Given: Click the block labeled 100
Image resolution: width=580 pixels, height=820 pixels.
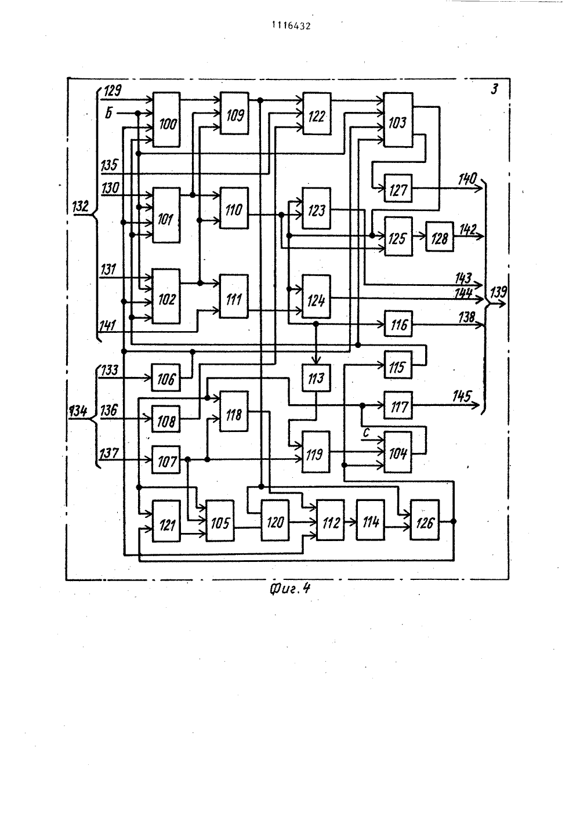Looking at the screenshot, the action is pyautogui.click(x=166, y=119).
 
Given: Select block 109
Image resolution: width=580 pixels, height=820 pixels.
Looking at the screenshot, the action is pyautogui.click(x=234, y=114).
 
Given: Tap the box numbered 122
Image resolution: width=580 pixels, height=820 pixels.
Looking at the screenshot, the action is pyautogui.click(x=317, y=114).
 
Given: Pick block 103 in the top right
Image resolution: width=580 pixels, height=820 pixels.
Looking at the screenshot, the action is pyautogui.click(x=398, y=119).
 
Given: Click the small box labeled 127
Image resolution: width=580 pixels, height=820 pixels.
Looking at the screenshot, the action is pyautogui.click(x=398, y=188).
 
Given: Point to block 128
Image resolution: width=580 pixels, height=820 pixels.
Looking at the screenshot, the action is pyautogui.click(x=440, y=237).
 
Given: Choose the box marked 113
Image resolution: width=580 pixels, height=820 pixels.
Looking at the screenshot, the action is pyautogui.click(x=316, y=378).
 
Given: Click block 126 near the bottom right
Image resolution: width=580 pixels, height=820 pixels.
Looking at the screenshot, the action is pyautogui.click(x=425, y=520).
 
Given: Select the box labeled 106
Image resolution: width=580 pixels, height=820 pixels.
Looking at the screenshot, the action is pyautogui.click(x=166, y=378).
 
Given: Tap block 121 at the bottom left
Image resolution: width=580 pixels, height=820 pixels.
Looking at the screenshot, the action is pyautogui.click(x=166, y=521).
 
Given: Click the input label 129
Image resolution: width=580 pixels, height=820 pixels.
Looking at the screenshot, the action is pyautogui.click(x=113, y=90).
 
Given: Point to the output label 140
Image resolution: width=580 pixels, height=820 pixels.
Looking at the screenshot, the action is pyautogui.click(x=467, y=179).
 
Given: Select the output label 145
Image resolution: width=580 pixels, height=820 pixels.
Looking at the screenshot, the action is pyautogui.click(x=462, y=396).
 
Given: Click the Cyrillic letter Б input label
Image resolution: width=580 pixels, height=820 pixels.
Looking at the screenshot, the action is pyautogui.click(x=109, y=113).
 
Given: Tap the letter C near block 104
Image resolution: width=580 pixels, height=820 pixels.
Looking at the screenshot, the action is pyautogui.click(x=366, y=433).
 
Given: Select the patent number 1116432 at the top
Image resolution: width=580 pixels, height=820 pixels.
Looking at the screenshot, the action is pyautogui.click(x=291, y=26).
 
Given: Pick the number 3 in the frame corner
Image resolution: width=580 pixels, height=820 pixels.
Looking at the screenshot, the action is pyautogui.click(x=494, y=89).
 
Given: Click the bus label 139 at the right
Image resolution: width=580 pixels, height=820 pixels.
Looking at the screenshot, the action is pyautogui.click(x=499, y=292).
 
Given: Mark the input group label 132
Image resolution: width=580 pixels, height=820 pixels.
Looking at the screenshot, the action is pyautogui.click(x=81, y=206).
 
